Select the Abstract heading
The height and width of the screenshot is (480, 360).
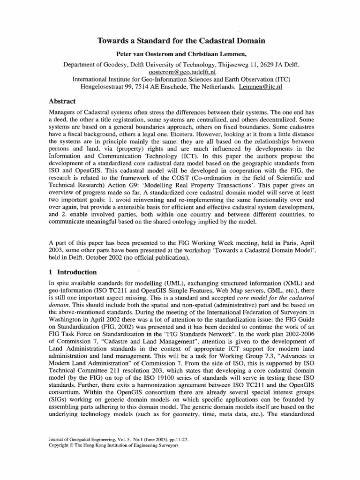point(62,101)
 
